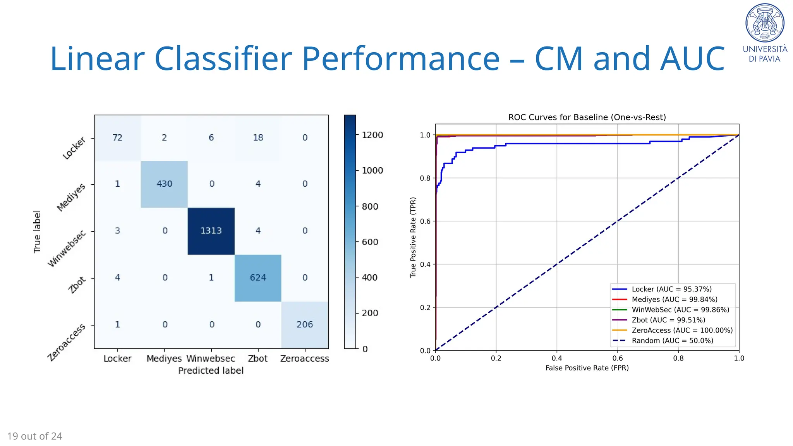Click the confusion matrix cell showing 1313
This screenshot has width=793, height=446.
pyautogui.click(x=211, y=231)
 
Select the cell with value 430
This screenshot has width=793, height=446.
pyautogui.click(x=164, y=184)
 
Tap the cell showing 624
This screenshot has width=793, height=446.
pyautogui.click(x=258, y=278)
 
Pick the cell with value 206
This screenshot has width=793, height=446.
pyautogui.click(x=305, y=324)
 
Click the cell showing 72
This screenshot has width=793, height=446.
pyautogui.click(x=117, y=137)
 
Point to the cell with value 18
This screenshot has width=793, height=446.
pyautogui.click(x=258, y=137)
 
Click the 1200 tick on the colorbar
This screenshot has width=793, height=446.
pyautogui.click(x=372, y=135)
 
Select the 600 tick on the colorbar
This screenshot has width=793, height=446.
pyautogui.click(x=370, y=242)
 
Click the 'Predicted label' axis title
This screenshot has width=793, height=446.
pyautogui.click(x=211, y=371)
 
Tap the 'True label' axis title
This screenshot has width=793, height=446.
pyautogui.click(x=37, y=232)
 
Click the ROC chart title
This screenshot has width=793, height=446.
pyautogui.click(x=587, y=117)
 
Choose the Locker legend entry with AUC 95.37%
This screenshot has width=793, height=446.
pyautogui.click(x=671, y=289)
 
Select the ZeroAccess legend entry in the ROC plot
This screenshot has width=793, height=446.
pyautogui.click(x=682, y=330)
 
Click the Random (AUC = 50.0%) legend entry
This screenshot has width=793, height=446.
pyautogui.click(x=672, y=341)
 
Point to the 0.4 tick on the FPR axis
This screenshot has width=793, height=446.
pyautogui.click(x=557, y=358)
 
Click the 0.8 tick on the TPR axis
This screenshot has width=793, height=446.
pyautogui.click(x=425, y=178)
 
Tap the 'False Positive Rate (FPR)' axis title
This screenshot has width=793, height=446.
pyautogui.click(x=587, y=368)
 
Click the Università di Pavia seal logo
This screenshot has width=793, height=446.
pyautogui.click(x=765, y=23)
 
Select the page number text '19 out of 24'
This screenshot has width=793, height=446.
pyautogui.click(x=35, y=436)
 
